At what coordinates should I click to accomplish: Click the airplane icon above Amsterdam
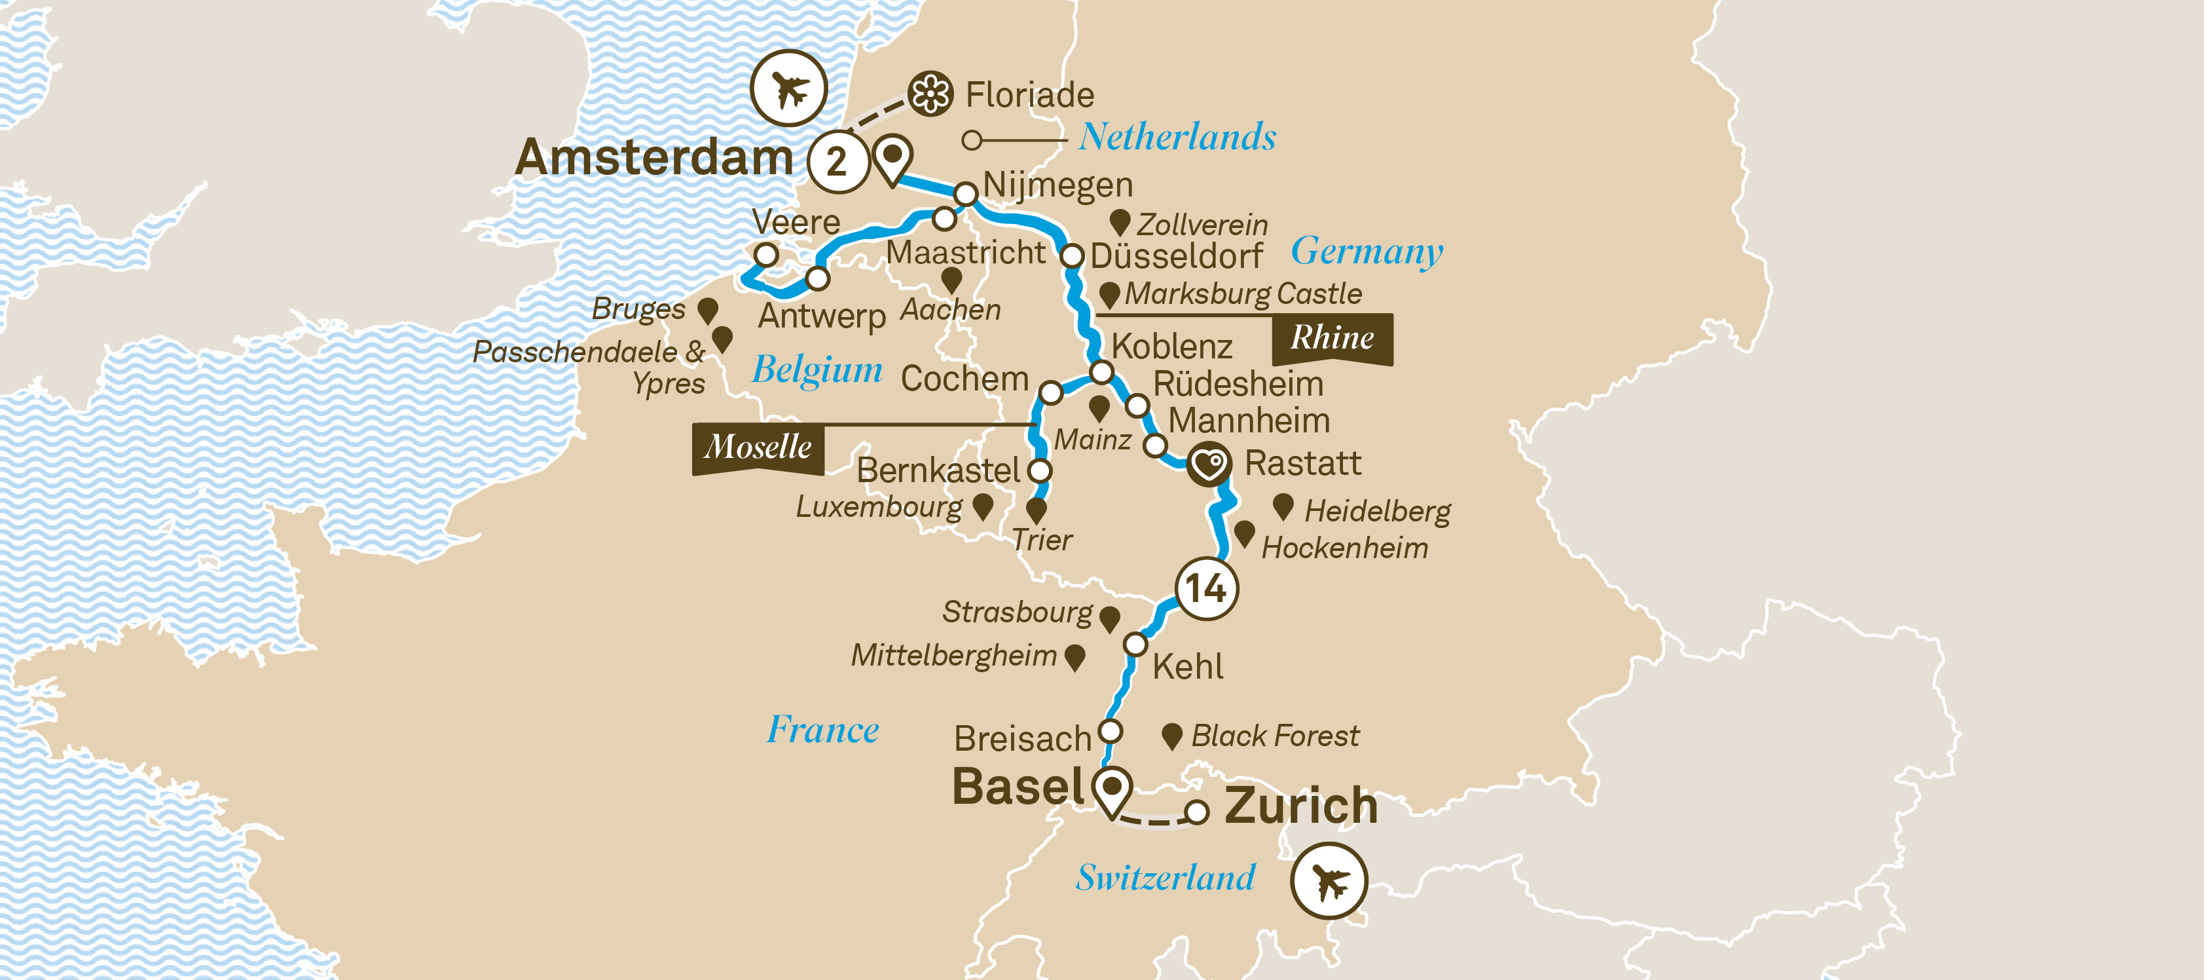[x=788, y=88]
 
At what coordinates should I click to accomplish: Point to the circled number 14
[x=1206, y=588]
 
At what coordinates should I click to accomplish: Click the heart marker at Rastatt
[x=1209, y=464]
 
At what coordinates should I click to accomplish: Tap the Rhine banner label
[x=1331, y=338]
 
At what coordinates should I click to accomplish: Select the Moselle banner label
[x=757, y=447]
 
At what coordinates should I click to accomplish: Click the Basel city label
[x=1018, y=787]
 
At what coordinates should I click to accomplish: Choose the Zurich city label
[x=1300, y=806]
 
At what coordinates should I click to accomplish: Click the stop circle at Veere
[x=765, y=254]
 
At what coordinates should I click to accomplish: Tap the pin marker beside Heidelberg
[x=1283, y=506]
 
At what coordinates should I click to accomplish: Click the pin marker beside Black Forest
[x=1171, y=734]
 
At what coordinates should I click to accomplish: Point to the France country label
[x=822, y=730]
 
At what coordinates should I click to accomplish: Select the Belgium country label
[x=817, y=369]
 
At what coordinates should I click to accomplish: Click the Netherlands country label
[x=1177, y=137]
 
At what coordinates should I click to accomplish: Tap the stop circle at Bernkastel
[x=1040, y=470]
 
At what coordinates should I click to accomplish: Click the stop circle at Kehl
[x=1135, y=644]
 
